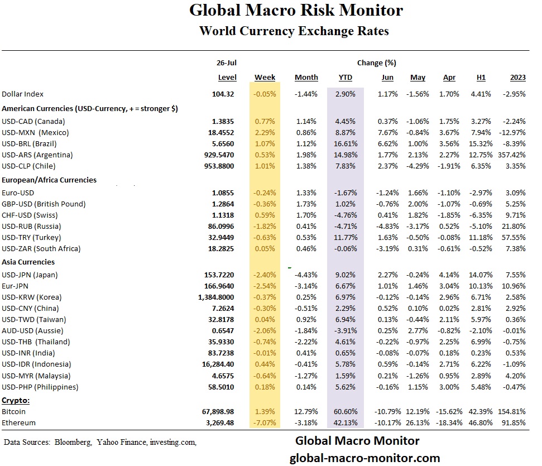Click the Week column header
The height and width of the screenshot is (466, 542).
(265, 78)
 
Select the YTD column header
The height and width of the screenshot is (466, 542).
(345, 78)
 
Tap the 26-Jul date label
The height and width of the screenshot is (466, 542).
(226, 63)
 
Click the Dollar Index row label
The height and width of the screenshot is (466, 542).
(23, 94)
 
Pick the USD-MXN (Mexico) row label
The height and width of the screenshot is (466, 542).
(34, 132)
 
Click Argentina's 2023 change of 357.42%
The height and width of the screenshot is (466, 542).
(511, 155)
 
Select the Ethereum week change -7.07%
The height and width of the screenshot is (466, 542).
(265, 423)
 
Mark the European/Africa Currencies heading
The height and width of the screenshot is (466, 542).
(49, 180)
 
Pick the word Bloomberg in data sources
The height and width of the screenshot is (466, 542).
(72, 443)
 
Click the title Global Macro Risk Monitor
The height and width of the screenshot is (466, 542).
(295, 10)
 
